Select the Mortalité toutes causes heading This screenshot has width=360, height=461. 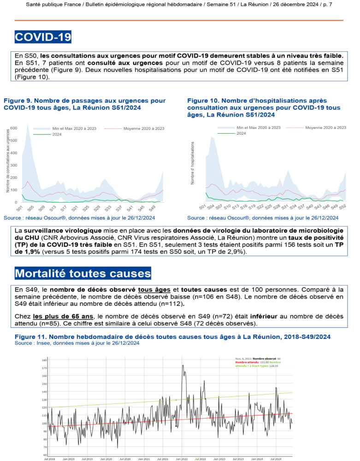pos(83,273)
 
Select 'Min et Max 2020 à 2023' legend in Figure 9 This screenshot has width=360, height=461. pos(64,129)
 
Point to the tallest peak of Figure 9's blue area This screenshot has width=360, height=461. pos(28,124)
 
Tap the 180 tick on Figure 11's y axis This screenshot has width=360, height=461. pos(44,360)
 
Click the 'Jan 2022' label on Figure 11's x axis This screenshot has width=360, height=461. pos(181,459)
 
